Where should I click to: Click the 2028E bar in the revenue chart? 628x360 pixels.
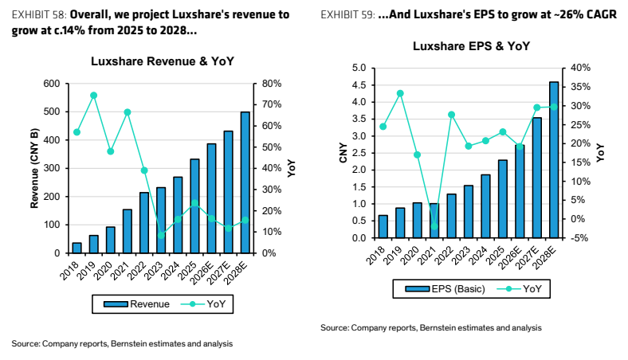(245, 182)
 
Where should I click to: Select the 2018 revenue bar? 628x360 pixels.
(77, 248)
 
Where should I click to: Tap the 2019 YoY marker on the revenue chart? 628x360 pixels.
(94, 96)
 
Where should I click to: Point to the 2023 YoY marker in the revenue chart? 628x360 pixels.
(161, 235)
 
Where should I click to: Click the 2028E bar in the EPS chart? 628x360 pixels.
(554, 160)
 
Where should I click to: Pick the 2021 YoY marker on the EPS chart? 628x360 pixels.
(434, 226)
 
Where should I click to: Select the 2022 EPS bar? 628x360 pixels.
(451, 217)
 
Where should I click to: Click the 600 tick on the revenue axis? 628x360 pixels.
(52, 84)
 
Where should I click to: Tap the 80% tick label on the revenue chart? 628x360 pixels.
(272, 84)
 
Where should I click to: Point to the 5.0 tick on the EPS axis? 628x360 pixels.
(359, 68)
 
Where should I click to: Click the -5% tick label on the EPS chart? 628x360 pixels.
(579, 238)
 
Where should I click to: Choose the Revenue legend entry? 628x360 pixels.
(136, 304)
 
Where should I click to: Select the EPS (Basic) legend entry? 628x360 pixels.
(445, 289)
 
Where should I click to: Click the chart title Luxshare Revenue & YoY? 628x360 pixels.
(163, 61)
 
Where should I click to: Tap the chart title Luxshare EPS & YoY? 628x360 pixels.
(472, 46)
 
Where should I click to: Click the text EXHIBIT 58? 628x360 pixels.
(39, 15)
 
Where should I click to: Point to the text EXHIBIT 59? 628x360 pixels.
(347, 15)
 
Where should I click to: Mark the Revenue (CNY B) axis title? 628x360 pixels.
(34, 168)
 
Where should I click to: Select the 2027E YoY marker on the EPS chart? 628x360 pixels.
(537, 108)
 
